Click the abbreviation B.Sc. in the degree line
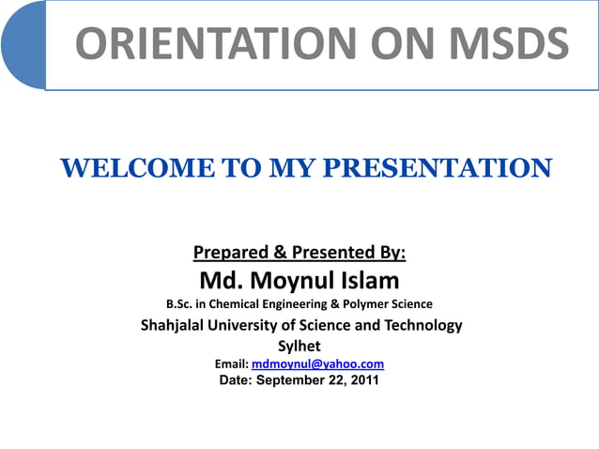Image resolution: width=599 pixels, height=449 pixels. (x=184, y=304)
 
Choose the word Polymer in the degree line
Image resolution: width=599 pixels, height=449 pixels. (x=370, y=304)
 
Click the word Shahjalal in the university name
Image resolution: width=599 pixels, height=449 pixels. (x=180, y=326)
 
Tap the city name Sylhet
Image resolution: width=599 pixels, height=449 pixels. (x=299, y=345)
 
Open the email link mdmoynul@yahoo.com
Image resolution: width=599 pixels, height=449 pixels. (x=318, y=364)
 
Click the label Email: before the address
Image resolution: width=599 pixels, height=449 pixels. (x=232, y=364)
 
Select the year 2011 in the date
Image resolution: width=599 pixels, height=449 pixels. (x=364, y=380)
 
